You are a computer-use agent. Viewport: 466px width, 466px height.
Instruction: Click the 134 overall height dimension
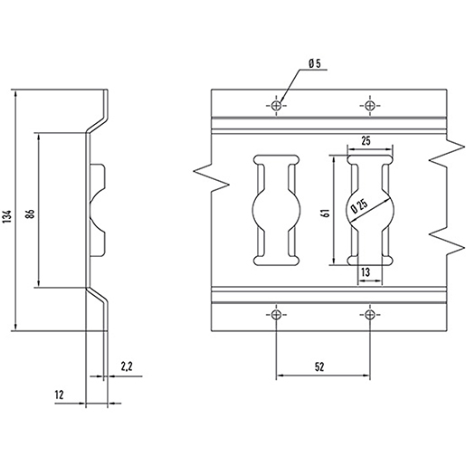(6, 214)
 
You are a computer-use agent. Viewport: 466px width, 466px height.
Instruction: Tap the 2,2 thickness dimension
(126, 366)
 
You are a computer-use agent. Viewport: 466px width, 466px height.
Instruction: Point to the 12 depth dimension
(60, 395)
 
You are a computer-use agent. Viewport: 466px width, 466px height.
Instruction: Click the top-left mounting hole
(276, 106)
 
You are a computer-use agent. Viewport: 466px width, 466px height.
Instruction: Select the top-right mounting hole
(370, 106)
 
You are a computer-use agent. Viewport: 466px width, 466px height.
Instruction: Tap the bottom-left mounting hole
(276, 315)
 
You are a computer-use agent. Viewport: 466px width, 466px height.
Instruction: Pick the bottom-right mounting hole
(370, 315)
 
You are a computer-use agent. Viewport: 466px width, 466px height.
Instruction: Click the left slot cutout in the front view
(275, 210)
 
